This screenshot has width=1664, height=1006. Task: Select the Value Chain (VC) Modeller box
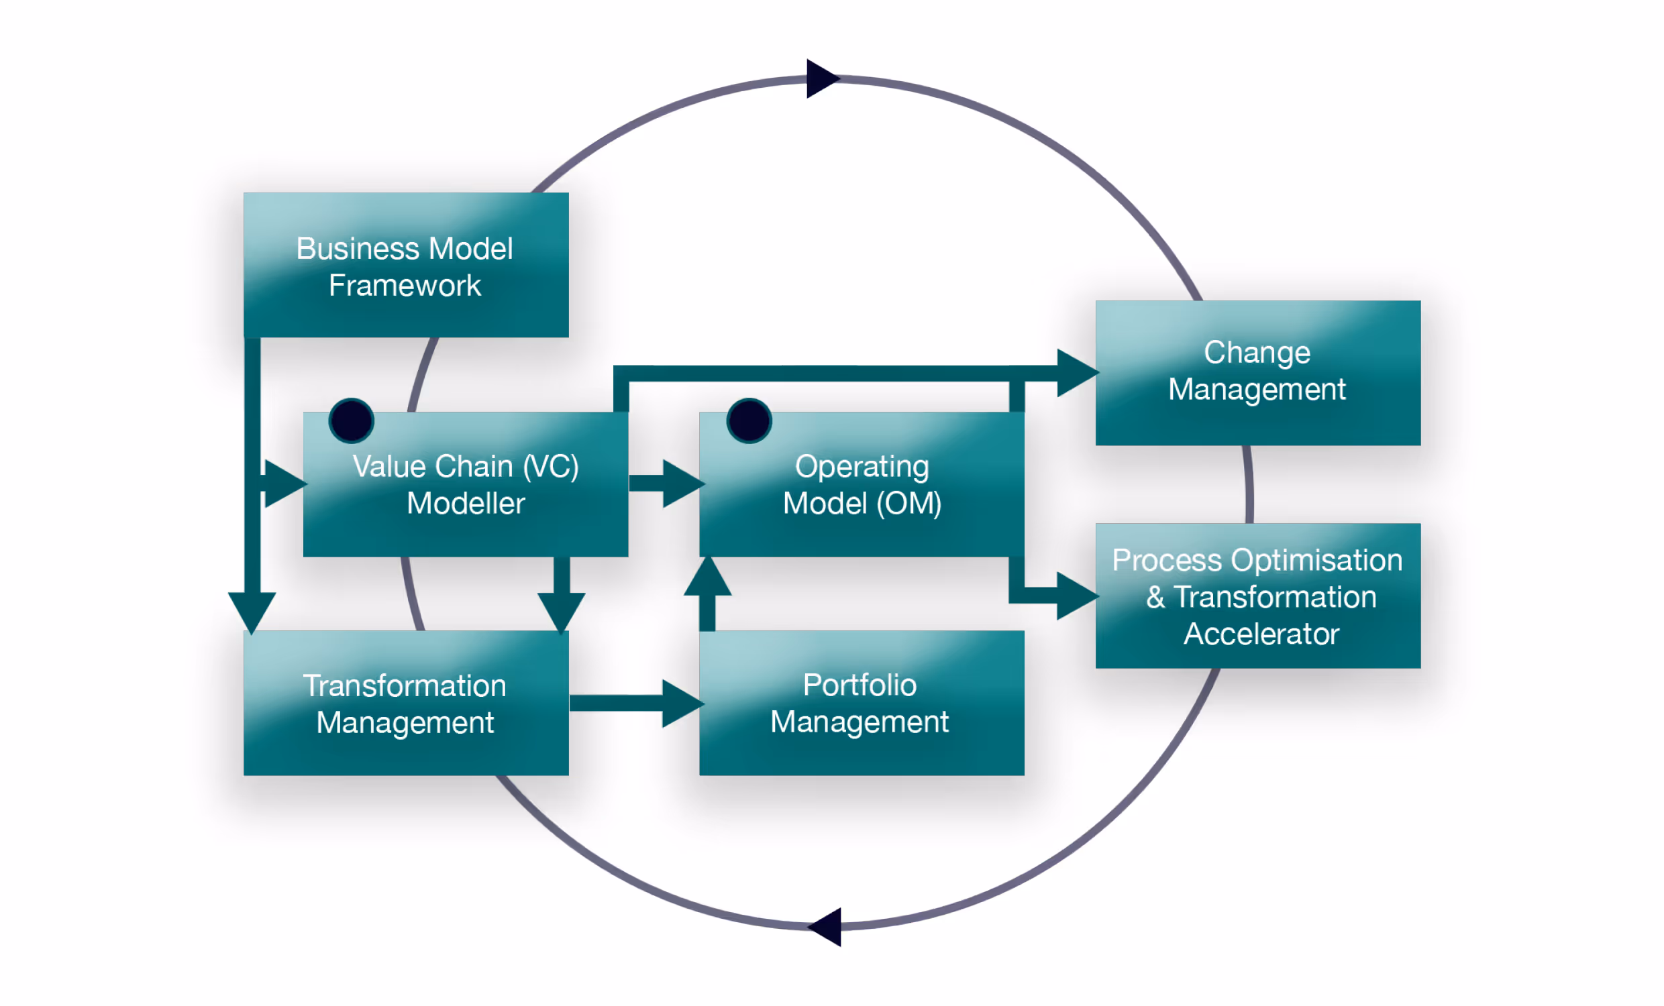tap(466, 485)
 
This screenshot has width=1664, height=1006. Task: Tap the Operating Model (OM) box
tap(862, 485)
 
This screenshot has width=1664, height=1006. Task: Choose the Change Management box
tap(1257, 373)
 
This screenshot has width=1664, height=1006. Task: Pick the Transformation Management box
tap(406, 704)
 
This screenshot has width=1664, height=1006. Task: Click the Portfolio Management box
tap(862, 704)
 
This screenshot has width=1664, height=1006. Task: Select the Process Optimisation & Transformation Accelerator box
tap(1257, 596)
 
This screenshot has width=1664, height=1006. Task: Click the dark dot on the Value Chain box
tap(351, 421)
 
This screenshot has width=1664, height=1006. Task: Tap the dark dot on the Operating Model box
tap(749, 421)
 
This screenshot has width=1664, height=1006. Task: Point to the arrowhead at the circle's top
tap(821, 78)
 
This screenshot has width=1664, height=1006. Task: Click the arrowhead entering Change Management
tap(1076, 373)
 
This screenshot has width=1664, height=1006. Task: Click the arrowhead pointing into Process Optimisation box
tap(1076, 596)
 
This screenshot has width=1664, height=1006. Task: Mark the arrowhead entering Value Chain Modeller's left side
tap(284, 484)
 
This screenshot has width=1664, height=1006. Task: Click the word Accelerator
tap(1261, 634)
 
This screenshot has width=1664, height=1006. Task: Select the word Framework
tap(405, 286)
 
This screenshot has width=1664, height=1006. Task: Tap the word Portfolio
tap(860, 685)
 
